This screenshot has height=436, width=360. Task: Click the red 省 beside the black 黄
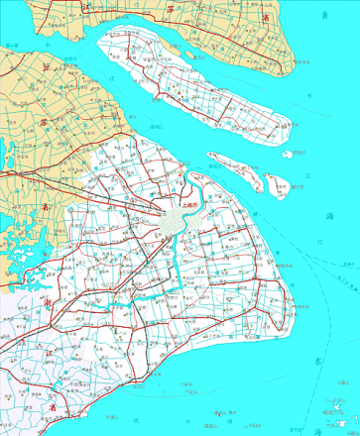pos(265,17)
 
